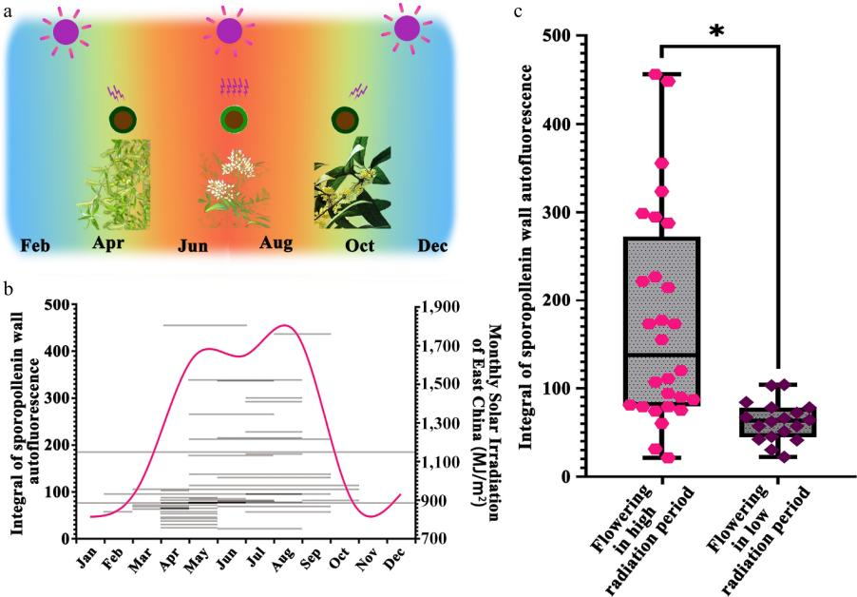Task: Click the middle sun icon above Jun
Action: [x=228, y=30]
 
